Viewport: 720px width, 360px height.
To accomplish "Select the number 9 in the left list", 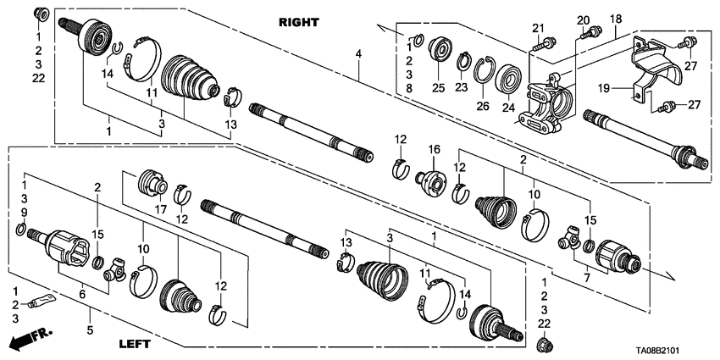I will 25,211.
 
